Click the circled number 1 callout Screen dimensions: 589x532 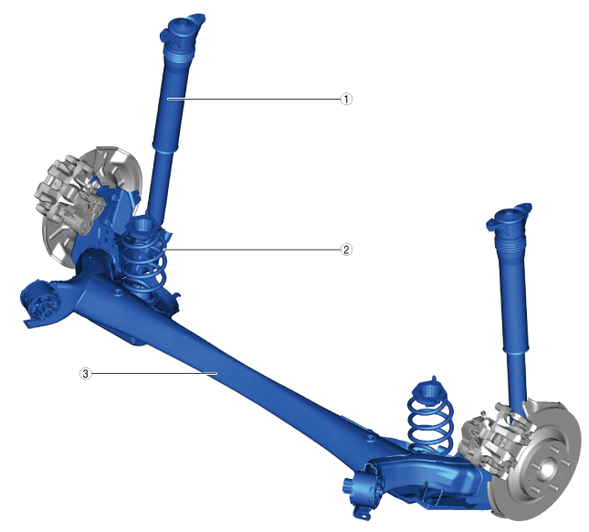pos(346,100)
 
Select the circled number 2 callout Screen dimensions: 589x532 pos(346,250)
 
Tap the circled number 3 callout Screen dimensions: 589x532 pos(86,374)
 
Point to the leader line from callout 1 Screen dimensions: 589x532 pos(254,99)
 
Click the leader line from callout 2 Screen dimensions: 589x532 pos(252,250)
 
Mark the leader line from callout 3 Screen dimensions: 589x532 pos(154,373)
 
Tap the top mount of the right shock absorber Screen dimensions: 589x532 pos(509,218)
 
